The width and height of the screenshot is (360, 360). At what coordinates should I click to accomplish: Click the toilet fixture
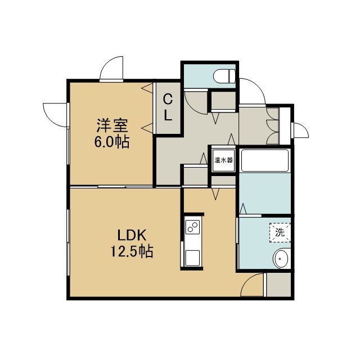click(x=224, y=76)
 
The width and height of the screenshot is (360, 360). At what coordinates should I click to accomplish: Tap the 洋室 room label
click(x=112, y=125)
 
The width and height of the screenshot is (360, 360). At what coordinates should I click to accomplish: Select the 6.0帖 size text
click(x=112, y=142)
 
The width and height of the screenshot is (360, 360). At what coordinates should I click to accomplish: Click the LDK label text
click(x=132, y=235)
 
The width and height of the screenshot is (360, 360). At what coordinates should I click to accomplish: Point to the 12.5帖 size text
click(x=132, y=251)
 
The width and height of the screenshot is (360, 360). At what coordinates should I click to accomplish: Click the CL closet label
click(x=168, y=108)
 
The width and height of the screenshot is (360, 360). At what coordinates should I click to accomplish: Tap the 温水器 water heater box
click(x=223, y=160)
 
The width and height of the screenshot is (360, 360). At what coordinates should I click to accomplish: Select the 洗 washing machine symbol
click(x=280, y=232)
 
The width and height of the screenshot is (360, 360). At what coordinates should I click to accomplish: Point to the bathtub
click(x=265, y=160)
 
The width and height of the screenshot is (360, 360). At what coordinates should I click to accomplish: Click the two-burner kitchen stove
click(x=192, y=227)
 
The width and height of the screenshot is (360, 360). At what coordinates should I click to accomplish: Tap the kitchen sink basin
click(x=192, y=258)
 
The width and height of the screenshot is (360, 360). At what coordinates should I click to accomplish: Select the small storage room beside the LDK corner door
click(x=279, y=284)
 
